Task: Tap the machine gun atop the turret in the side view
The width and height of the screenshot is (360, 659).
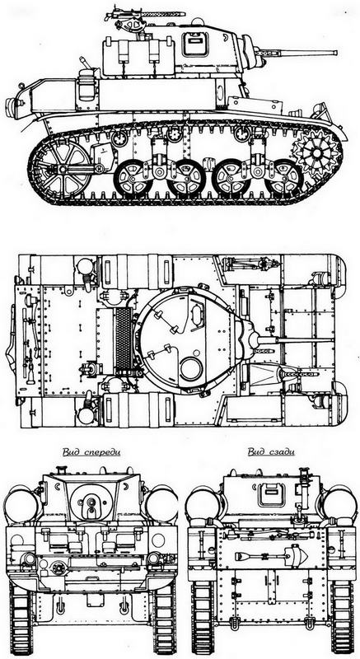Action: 143,16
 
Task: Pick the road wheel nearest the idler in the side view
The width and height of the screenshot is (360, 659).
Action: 133,179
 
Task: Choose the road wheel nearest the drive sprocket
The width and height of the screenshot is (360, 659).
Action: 284,179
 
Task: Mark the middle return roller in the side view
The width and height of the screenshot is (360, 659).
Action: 175,134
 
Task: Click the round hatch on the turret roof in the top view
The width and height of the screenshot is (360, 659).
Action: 191,368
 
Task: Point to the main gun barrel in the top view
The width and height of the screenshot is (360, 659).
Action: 295,339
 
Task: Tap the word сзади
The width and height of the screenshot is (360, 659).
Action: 283,452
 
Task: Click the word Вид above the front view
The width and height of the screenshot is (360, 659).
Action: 72,452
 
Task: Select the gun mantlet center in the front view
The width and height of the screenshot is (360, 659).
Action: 91,502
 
